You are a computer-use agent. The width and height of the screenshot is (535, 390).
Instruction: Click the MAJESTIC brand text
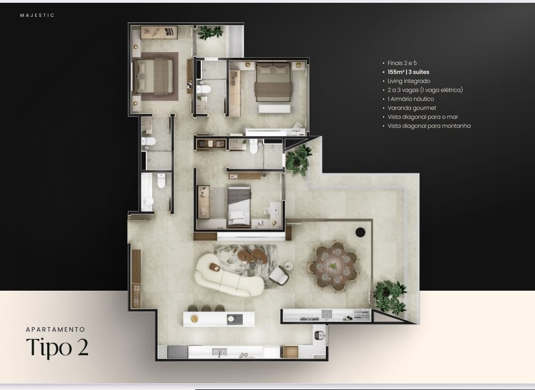tap(37, 15)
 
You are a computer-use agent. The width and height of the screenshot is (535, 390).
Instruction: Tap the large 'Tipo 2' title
tap(57, 348)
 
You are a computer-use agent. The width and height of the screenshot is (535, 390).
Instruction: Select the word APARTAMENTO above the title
tap(56, 329)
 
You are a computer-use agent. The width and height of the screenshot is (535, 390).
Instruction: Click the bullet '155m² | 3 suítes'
tap(408, 72)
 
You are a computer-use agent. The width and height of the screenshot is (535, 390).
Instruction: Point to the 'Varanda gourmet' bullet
tap(412, 108)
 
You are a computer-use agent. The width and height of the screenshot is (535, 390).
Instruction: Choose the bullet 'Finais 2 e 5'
tap(402, 63)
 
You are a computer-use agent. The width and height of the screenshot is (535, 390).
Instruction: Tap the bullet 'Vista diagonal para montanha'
tap(429, 126)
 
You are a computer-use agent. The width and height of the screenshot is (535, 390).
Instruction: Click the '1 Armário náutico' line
tap(411, 99)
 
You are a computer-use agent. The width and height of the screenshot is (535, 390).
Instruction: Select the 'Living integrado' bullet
tap(409, 81)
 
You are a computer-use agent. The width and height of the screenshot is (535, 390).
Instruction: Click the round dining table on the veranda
tap(333, 265)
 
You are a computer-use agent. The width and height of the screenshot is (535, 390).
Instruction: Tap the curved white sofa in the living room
tap(228, 276)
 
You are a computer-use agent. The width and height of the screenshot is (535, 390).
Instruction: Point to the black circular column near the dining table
tap(360, 232)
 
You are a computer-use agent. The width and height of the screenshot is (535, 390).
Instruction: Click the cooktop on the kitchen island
tap(235, 319)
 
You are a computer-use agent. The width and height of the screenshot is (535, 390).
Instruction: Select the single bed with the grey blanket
tap(239, 207)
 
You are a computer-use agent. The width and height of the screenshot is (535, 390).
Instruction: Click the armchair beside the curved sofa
tap(279, 276)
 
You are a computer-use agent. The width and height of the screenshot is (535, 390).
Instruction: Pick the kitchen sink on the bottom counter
tap(220, 351)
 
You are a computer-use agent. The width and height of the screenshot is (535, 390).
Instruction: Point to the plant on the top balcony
tap(210, 33)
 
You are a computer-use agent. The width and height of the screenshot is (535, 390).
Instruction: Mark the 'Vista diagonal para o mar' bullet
tap(423, 117)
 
